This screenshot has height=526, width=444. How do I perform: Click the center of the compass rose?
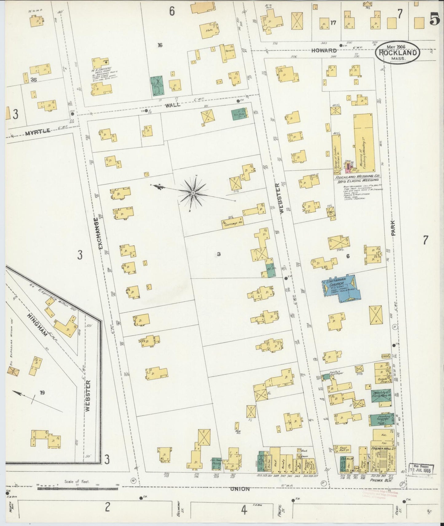pyautogui.click(x=193, y=193)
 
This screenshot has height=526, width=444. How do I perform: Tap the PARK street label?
pyautogui.click(x=393, y=227)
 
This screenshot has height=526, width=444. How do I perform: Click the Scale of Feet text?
pyautogui.click(x=77, y=482)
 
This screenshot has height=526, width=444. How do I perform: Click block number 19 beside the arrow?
pyautogui.click(x=42, y=392)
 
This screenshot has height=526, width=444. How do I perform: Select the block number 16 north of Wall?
pyautogui.click(x=160, y=45)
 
